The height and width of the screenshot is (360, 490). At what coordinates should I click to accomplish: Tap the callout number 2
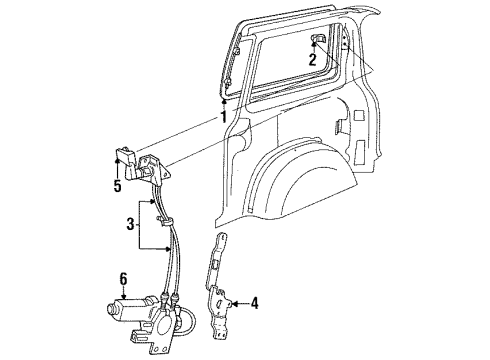click(312, 60)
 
